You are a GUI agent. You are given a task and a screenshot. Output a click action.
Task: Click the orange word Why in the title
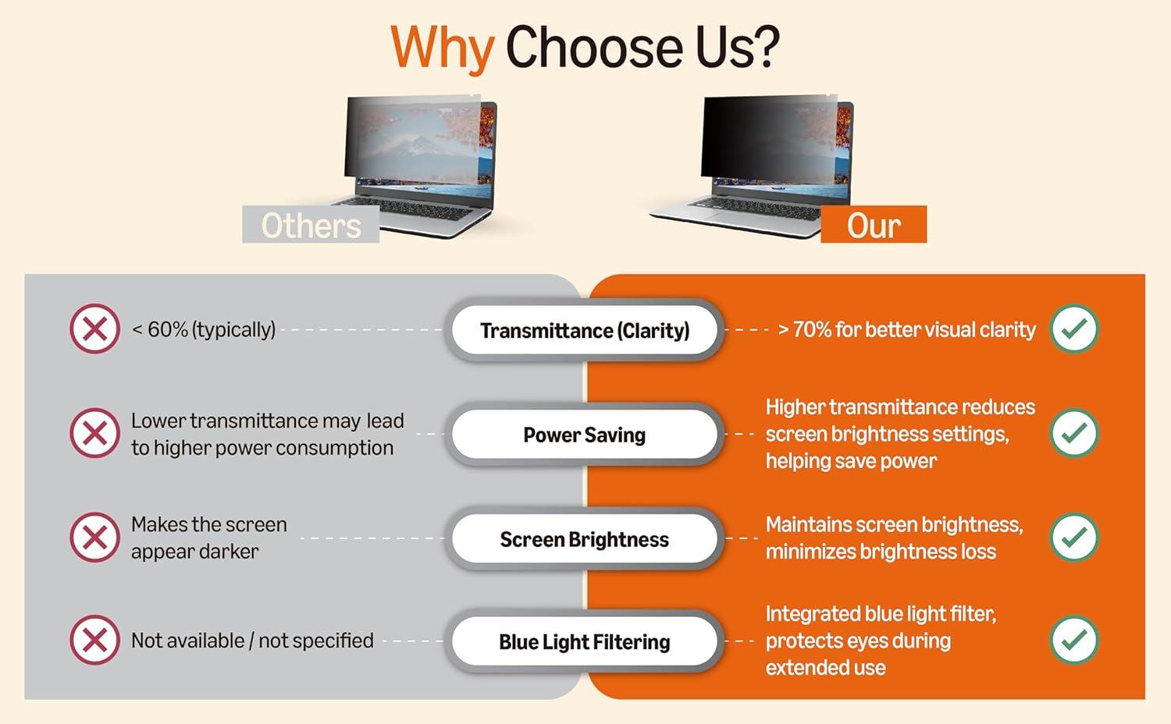442,48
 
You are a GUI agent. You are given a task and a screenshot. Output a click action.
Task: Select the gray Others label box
311,224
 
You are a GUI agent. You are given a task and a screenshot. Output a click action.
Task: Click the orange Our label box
874,224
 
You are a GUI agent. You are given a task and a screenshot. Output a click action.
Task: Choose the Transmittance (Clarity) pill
585,330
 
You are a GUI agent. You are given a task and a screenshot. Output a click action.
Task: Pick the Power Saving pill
585,435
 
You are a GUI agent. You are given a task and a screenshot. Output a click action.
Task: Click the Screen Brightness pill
585,539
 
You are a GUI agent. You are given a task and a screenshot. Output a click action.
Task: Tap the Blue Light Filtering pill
585,641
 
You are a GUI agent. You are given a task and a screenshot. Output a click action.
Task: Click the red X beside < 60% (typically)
95,329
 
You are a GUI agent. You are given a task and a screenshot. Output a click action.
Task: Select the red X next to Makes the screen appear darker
95,538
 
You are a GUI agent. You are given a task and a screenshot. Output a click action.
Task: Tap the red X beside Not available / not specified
95,640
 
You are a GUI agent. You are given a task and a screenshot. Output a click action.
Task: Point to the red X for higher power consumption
95,433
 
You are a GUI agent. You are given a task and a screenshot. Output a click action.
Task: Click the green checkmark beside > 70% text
1074,329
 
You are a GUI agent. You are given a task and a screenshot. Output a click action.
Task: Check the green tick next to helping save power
1074,433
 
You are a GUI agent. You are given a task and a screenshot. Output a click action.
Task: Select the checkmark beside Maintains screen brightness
1074,538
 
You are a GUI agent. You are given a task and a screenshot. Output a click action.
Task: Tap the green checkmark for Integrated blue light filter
1074,641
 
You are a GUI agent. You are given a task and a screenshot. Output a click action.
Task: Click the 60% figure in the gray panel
167,329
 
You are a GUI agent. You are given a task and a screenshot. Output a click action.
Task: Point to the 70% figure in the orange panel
812,329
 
